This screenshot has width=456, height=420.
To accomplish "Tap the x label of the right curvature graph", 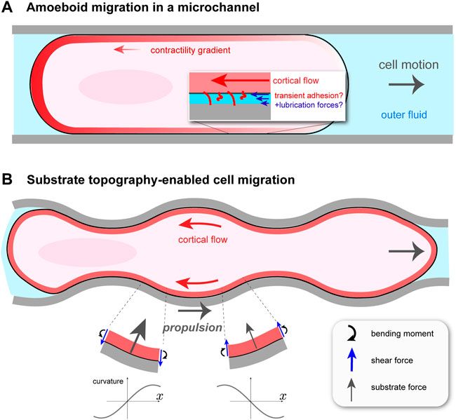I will (282, 397).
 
